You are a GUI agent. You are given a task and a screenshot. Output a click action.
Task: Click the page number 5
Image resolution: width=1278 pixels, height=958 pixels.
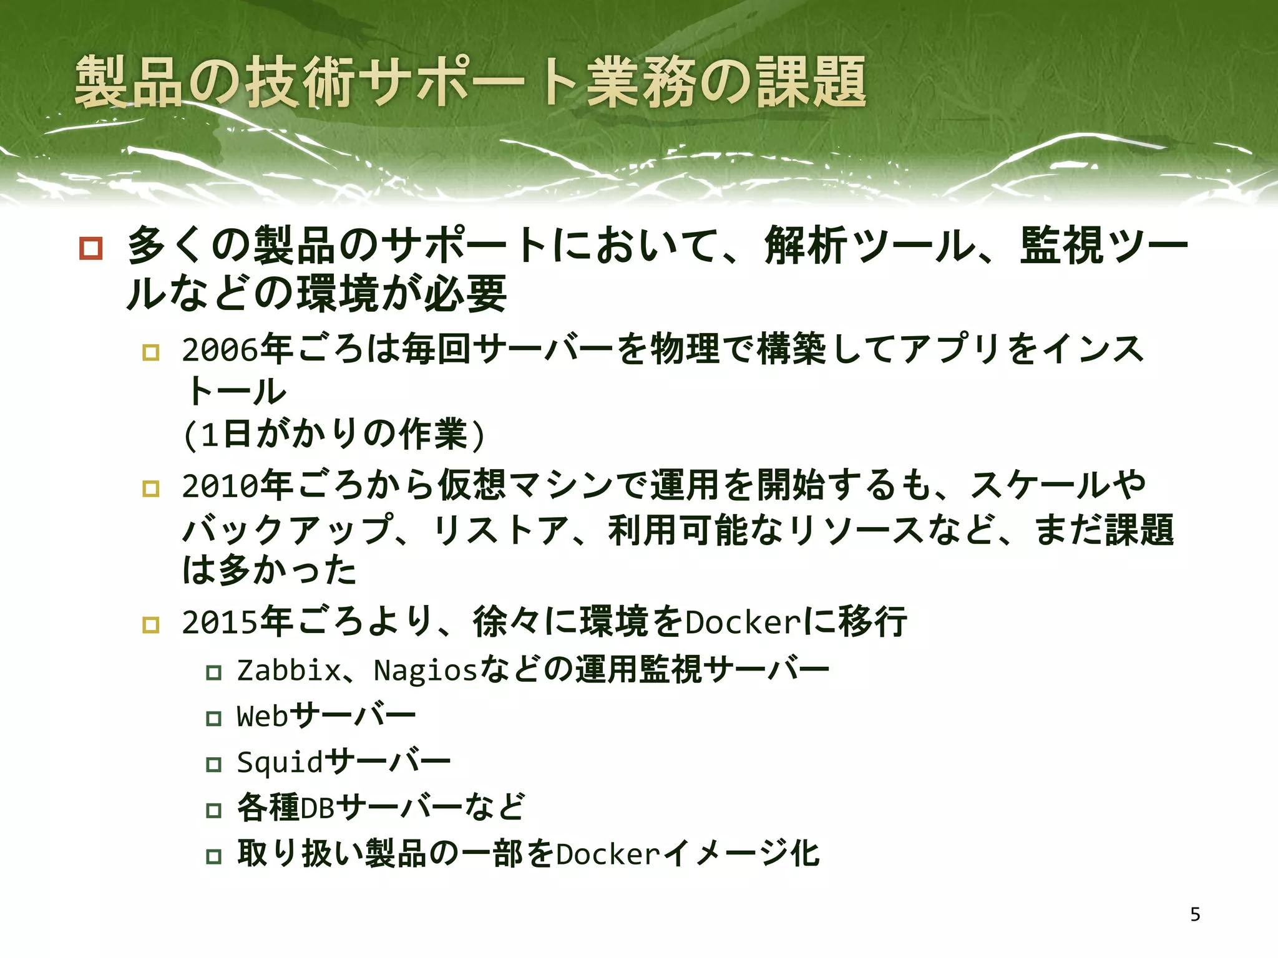click(1195, 914)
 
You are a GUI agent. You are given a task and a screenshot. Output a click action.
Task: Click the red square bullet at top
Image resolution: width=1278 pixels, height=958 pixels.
click(91, 248)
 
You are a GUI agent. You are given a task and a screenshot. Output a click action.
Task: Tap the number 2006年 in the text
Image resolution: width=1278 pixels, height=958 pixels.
click(237, 349)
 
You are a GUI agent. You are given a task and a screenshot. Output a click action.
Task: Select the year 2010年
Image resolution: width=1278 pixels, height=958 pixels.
click(237, 485)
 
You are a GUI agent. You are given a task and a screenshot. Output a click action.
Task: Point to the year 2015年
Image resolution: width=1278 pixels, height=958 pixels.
click(237, 622)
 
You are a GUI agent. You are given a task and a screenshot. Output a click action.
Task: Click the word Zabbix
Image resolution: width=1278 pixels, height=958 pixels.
click(289, 670)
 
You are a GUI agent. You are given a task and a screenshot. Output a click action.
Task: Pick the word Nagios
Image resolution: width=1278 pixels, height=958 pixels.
click(425, 670)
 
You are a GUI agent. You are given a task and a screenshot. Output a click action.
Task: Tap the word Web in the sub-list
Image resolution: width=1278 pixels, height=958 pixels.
click(262, 716)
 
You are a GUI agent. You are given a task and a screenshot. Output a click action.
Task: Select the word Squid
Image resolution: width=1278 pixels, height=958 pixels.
click(280, 762)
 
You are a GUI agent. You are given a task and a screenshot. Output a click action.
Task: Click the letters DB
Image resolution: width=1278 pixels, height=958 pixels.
click(318, 808)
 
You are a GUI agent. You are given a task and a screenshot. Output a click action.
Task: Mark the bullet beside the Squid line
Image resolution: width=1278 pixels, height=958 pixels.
click(214, 764)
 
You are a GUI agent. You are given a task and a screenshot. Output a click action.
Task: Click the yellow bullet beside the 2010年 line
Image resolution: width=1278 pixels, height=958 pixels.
click(151, 488)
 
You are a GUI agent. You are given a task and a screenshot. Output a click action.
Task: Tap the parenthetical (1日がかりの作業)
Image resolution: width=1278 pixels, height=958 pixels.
click(334, 435)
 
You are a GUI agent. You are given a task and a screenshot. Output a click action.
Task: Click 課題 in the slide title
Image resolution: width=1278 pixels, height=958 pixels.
click(811, 82)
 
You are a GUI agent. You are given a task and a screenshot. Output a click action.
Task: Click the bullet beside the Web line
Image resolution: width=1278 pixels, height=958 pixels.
click(214, 718)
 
